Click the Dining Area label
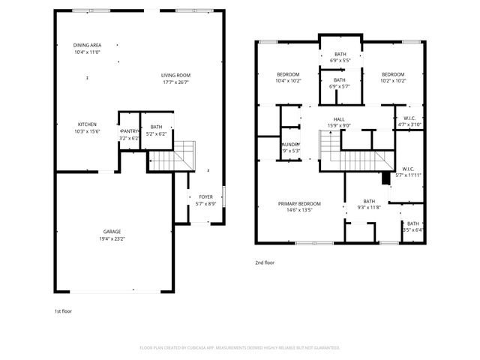(87, 45)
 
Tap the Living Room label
(175, 75)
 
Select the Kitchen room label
(87, 124)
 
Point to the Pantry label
(130, 131)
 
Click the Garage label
(112, 232)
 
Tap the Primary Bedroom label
(299, 204)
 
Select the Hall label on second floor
(339, 119)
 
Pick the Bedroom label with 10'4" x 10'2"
(288, 74)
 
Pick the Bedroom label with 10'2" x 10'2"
(392, 74)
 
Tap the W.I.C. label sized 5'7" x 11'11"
(409, 169)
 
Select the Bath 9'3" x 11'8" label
(369, 201)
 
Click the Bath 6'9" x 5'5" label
(340, 54)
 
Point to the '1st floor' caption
(63, 310)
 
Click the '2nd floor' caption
(265, 263)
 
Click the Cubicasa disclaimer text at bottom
(240, 348)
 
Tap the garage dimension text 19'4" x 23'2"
(112, 238)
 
